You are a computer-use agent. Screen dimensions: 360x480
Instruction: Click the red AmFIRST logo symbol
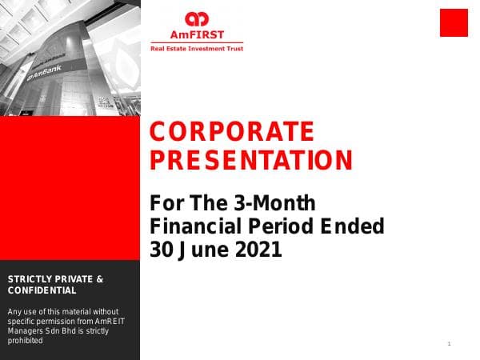pos(196,18)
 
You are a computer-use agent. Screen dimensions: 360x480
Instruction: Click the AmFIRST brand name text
pos(196,34)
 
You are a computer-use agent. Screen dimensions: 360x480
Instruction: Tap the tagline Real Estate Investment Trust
pos(197,49)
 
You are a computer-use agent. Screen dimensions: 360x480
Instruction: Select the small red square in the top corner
pos(453,22)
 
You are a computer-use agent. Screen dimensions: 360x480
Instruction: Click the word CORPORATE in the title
pos(232,131)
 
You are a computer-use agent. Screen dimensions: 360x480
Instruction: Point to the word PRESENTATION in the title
pos(251,161)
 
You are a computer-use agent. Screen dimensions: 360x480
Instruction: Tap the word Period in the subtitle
pos(273,226)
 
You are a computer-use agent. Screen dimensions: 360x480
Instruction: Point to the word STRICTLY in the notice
pos(30,279)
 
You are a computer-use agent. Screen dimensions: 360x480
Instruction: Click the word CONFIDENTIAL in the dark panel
pos(42,290)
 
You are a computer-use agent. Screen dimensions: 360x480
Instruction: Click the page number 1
pos(450,344)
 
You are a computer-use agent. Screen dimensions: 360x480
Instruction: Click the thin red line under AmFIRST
pos(197,42)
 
